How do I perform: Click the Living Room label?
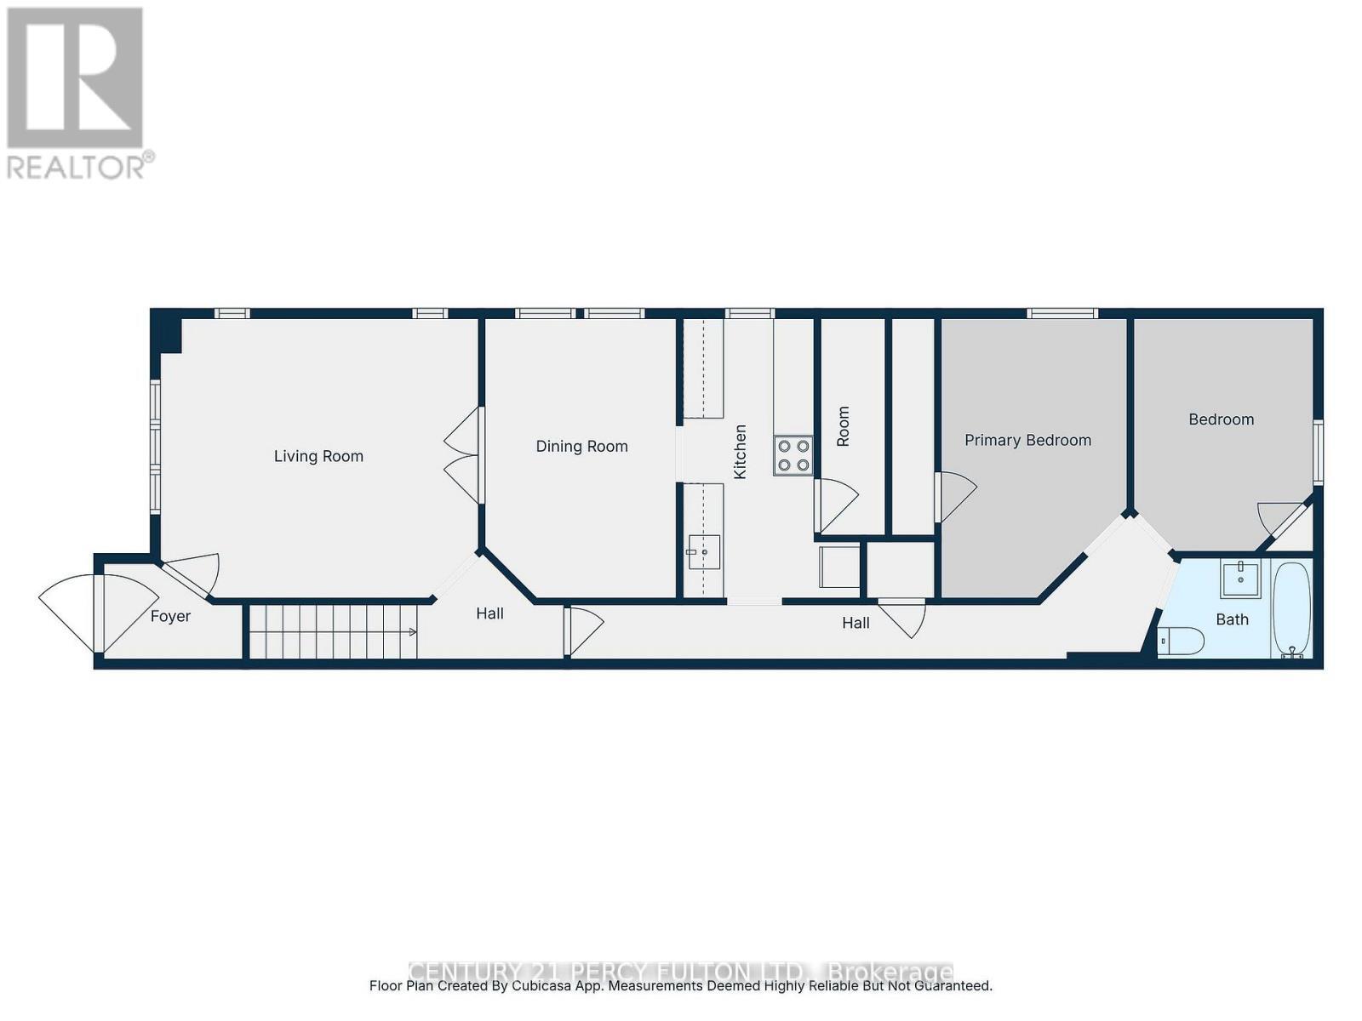pyautogui.click(x=318, y=456)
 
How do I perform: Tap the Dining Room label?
pyautogui.click(x=581, y=446)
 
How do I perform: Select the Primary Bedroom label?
pyautogui.click(x=1027, y=440)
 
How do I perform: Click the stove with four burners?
pyautogui.click(x=793, y=455)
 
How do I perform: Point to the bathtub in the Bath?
pyautogui.click(x=1291, y=609)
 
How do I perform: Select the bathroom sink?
pyautogui.click(x=1239, y=579)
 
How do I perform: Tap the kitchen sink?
pyautogui.click(x=704, y=552)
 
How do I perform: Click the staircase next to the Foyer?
pyautogui.click(x=332, y=631)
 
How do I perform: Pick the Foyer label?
pyautogui.click(x=170, y=616)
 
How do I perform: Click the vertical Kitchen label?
pyautogui.click(x=740, y=452)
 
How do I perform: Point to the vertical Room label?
pyautogui.click(x=843, y=426)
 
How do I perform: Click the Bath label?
pyautogui.click(x=1232, y=619)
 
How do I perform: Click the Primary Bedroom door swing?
pyautogui.click(x=955, y=497)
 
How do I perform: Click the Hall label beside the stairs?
pyautogui.click(x=489, y=613)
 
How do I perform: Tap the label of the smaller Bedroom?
pyautogui.click(x=1221, y=419)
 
